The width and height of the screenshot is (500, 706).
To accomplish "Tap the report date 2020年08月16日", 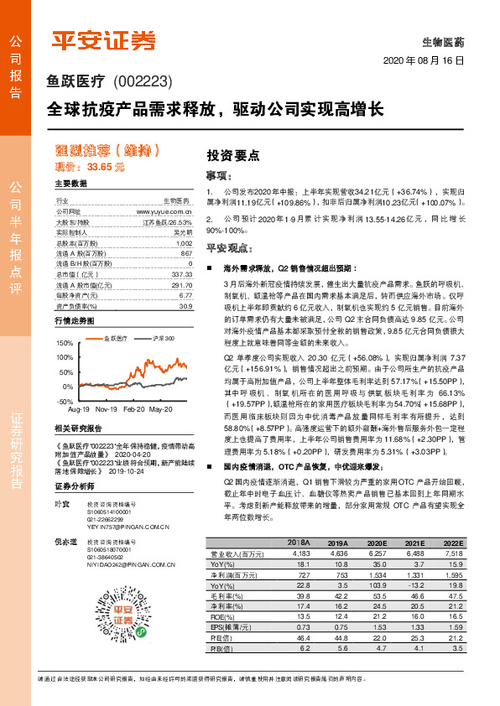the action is (x=424, y=61).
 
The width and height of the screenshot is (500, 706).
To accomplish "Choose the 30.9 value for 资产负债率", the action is (x=185, y=306).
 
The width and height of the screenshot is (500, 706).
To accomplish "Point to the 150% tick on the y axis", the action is (x=64, y=344).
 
